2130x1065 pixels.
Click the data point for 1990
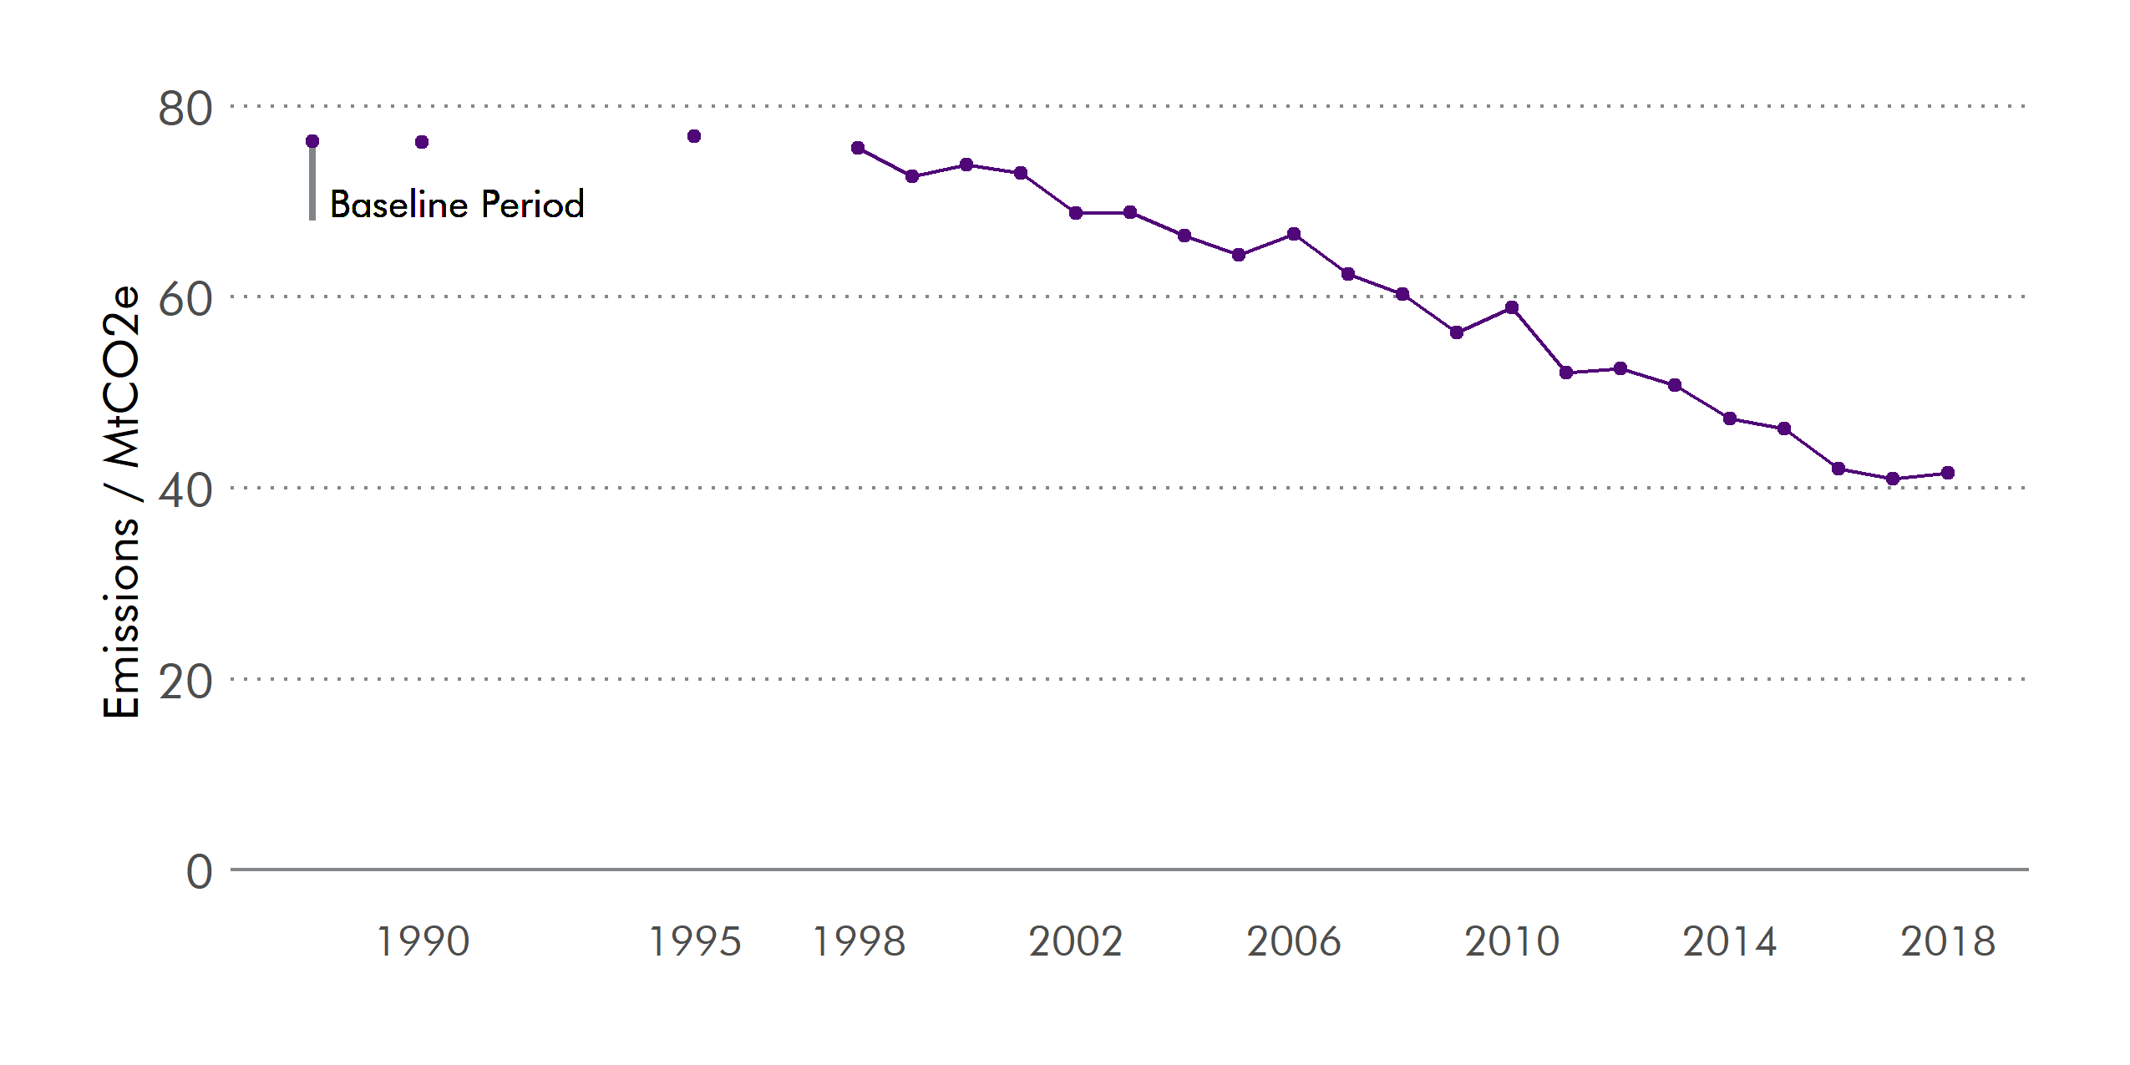[x=422, y=142]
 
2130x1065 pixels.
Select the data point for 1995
[x=694, y=136]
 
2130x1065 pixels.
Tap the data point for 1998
[x=858, y=148]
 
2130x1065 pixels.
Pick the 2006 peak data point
[x=1294, y=234]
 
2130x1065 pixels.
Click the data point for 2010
[x=1512, y=307]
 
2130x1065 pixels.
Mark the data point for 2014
[x=1730, y=418]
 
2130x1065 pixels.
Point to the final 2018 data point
[x=1948, y=473]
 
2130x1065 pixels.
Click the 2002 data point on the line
[x=1076, y=213]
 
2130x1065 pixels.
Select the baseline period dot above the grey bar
[x=312, y=141]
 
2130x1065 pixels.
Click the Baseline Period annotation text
[x=457, y=205]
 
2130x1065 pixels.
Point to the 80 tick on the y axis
[x=185, y=109]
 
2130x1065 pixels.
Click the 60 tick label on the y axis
[x=185, y=299]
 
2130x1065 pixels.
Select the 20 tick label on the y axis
[x=185, y=682]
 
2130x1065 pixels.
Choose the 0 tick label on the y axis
[x=199, y=872]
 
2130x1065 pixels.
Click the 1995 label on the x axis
[x=695, y=941]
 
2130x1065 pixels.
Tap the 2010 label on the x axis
[x=1512, y=941]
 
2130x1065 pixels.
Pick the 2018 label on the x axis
[x=1948, y=941]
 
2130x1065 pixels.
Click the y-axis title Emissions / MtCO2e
[x=122, y=501]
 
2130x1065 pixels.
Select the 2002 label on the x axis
[x=1076, y=941]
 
